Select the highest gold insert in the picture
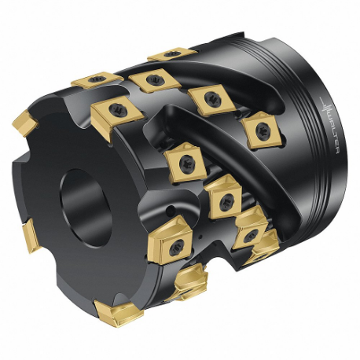coord(171,55)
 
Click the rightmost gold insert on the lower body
coord(251,231)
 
